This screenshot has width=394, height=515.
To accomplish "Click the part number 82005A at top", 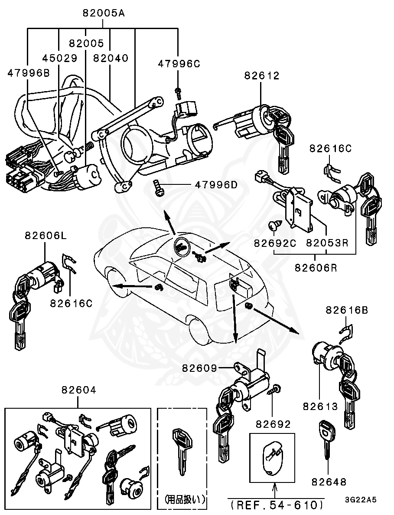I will pyautogui.click(x=104, y=13).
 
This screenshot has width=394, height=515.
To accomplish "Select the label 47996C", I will pyautogui.click(x=179, y=64).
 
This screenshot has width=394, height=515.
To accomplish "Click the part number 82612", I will pyautogui.click(x=262, y=75).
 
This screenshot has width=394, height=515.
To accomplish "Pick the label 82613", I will pyautogui.click(x=320, y=407).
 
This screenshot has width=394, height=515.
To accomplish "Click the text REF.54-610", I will pyautogui.click(x=276, y=505).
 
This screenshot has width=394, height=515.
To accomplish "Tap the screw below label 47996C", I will pyautogui.click(x=178, y=91).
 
